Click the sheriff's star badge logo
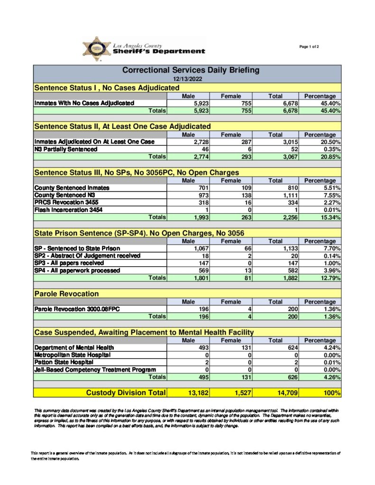(x=97, y=49)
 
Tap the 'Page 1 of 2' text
(x=309, y=46)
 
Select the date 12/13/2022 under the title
(x=187, y=79)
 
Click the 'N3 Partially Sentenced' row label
(x=66, y=149)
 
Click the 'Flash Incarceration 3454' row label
(x=68, y=210)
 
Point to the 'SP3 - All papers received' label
(x=69, y=263)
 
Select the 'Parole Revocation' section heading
(x=67, y=294)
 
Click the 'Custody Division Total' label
(x=126, y=393)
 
